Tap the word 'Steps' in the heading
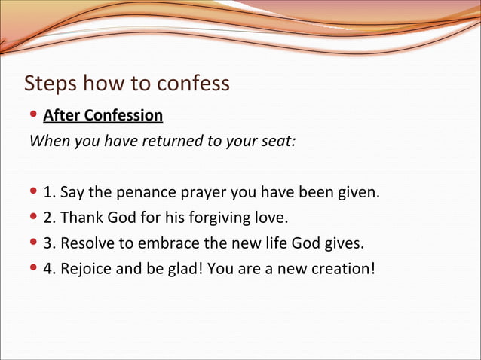(x=51, y=83)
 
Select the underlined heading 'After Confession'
(x=103, y=115)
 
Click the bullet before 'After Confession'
(x=34, y=115)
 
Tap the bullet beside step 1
(x=34, y=193)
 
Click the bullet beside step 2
(x=34, y=218)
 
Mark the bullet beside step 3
(x=34, y=244)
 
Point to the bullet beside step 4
(x=34, y=269)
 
